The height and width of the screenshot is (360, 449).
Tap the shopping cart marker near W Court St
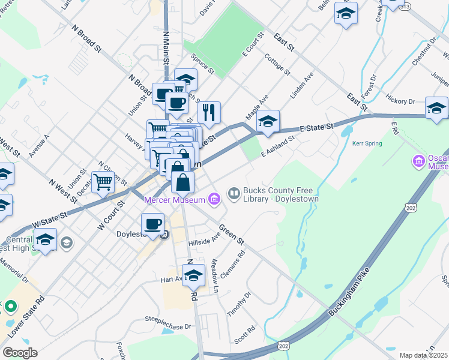click(103, 182)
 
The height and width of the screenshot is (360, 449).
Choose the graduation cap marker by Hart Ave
click(193, 277)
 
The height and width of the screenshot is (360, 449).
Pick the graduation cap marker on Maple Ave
click(268, 122)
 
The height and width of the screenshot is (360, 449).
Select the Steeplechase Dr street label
click(167, 324)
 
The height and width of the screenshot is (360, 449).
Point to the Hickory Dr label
click(400, 101)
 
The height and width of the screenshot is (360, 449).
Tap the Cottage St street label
click(277, 64)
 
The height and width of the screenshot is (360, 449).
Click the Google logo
click(20, 352)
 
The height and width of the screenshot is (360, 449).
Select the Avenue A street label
click(39, 146)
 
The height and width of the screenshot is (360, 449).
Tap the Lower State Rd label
click(26, 316)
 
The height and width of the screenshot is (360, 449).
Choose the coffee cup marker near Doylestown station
click(152, 224)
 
